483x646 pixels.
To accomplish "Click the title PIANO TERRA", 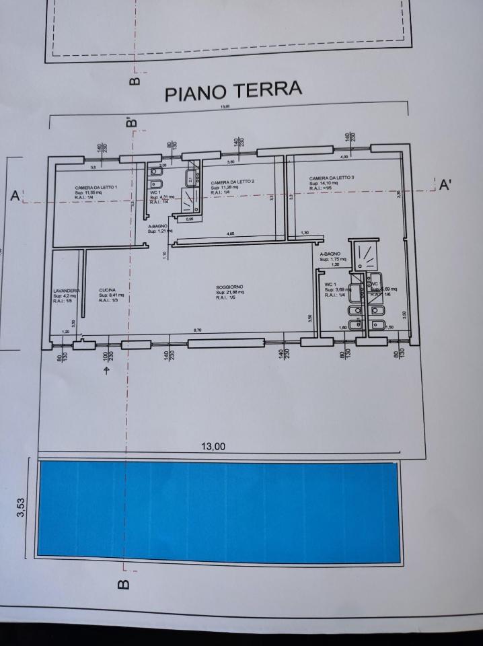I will (x=233, y=91).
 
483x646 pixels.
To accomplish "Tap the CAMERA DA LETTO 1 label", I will (x=97, y=186).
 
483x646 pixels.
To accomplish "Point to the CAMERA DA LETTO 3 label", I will (x=331, y=178).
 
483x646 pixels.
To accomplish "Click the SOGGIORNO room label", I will (x=230, y=287).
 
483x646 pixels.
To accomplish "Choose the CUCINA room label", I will (x=107, y=290).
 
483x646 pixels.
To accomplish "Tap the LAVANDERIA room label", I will (x=67, y=290).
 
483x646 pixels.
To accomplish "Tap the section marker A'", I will (x=445, y=185).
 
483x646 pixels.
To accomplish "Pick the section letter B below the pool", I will (x=124, y=585).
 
